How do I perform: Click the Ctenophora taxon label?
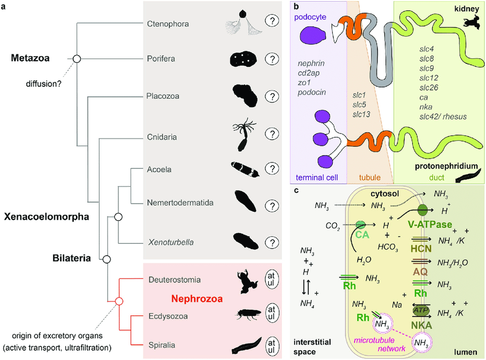tap(168, 24)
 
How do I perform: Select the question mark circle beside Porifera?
tap(272, 58)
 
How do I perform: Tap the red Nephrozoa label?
tap(197, 299)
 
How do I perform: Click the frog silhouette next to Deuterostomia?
tap(246, 281)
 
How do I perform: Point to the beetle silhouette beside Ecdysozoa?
tap(247, 314)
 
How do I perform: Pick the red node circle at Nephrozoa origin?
tap(119, 300)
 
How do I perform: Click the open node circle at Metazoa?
tap(77, 58)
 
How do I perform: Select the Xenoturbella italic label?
tap(171, 242)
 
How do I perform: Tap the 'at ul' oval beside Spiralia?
tap(272, 347)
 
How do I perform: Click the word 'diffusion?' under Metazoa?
tap(43, 84)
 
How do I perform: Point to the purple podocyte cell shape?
tap(313, 35)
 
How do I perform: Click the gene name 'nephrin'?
tap(311, 64)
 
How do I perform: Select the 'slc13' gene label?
tap(361, 114)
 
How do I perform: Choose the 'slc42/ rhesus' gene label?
tap(443, 116)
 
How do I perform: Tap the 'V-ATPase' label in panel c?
tap(430, 224)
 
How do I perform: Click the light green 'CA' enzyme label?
tap(362, 234)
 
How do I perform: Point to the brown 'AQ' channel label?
tap(420, 272)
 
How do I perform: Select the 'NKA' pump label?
tap(421, 325)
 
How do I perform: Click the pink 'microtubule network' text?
tap(380, 344)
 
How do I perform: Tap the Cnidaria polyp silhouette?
tap(244, 134)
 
